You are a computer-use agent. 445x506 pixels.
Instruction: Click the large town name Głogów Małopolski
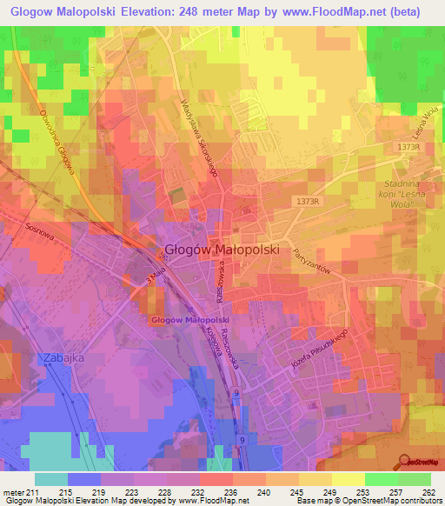(x=222, y=249)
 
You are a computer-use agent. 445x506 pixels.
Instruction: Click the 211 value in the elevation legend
(x=33, y=492)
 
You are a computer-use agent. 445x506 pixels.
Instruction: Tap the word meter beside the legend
(x=13, y=492)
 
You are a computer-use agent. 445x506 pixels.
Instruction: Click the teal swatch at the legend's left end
(x=50, y=479)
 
